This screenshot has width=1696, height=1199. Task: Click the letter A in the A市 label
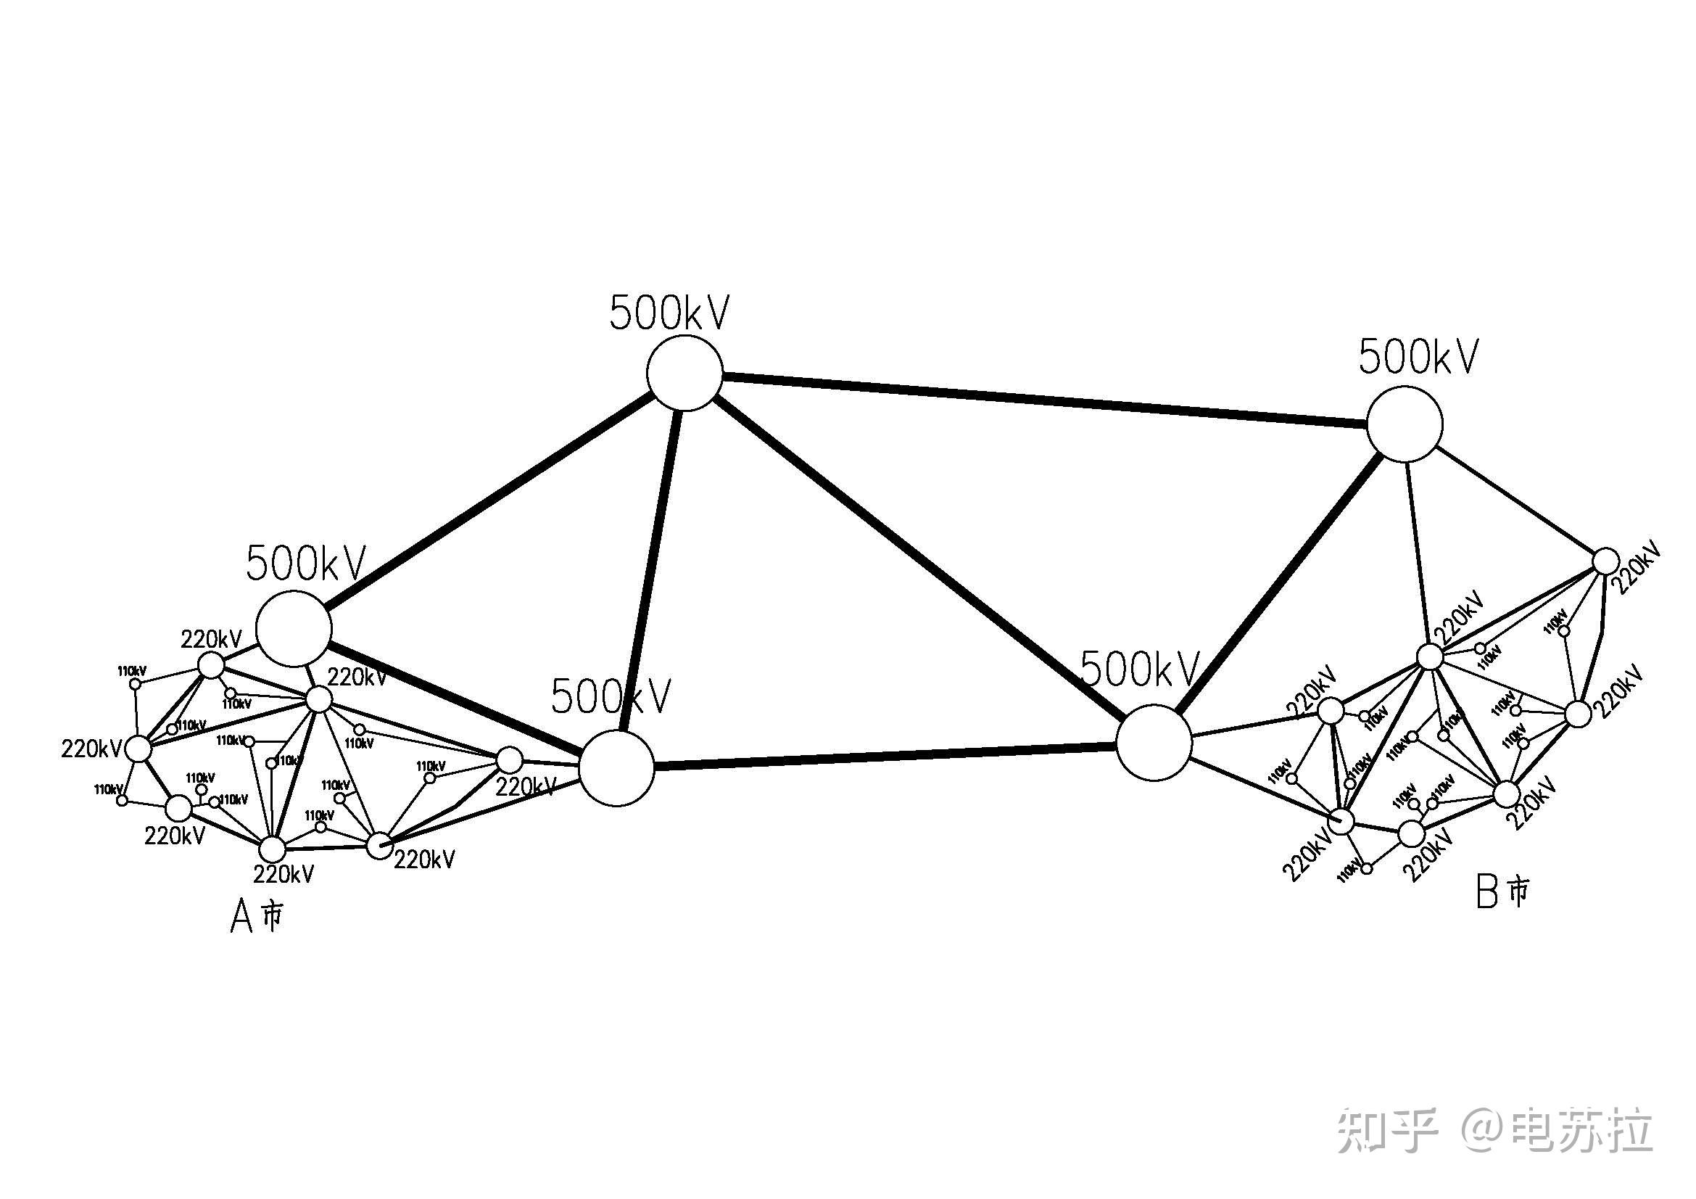pyautogui.click(x=241, y=918)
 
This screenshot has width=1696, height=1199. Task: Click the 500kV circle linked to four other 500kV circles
pyautogui.click(x=684, y=373)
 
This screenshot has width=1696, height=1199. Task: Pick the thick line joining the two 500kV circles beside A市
pyautogui.click(x=455, y=697)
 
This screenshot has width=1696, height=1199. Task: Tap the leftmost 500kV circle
pyautogui.click(x=294, y=628)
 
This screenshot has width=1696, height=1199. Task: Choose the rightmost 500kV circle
pyautogui.click(x=1405, y=425)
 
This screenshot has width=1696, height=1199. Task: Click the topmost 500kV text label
pyautogui.click(x=669, y=313)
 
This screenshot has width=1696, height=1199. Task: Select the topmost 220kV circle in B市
pyautogui.click(x=1605, y=561)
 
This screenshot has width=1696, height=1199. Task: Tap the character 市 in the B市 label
pyautogui.click(x=1518, y=891)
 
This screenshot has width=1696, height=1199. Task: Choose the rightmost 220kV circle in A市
pyautogui.click(x=509, y=759)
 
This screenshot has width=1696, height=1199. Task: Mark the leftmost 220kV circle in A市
pyautogui.click(x=138, y=749)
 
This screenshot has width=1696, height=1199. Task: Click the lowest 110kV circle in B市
pyautogui.click(x=1367, y=869)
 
